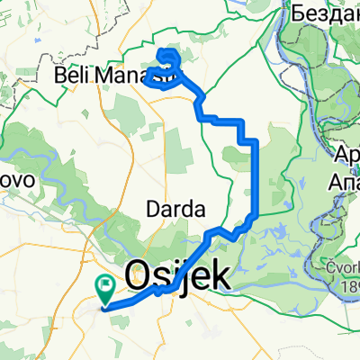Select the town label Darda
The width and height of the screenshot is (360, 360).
pos(175,209)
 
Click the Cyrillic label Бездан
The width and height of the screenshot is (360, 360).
pos(325,12)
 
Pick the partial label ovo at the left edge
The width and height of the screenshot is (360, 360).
pos(15,180)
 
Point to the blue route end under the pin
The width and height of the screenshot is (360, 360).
pos(107,306)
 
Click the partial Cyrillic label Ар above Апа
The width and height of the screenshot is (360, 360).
pos(346,157)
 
